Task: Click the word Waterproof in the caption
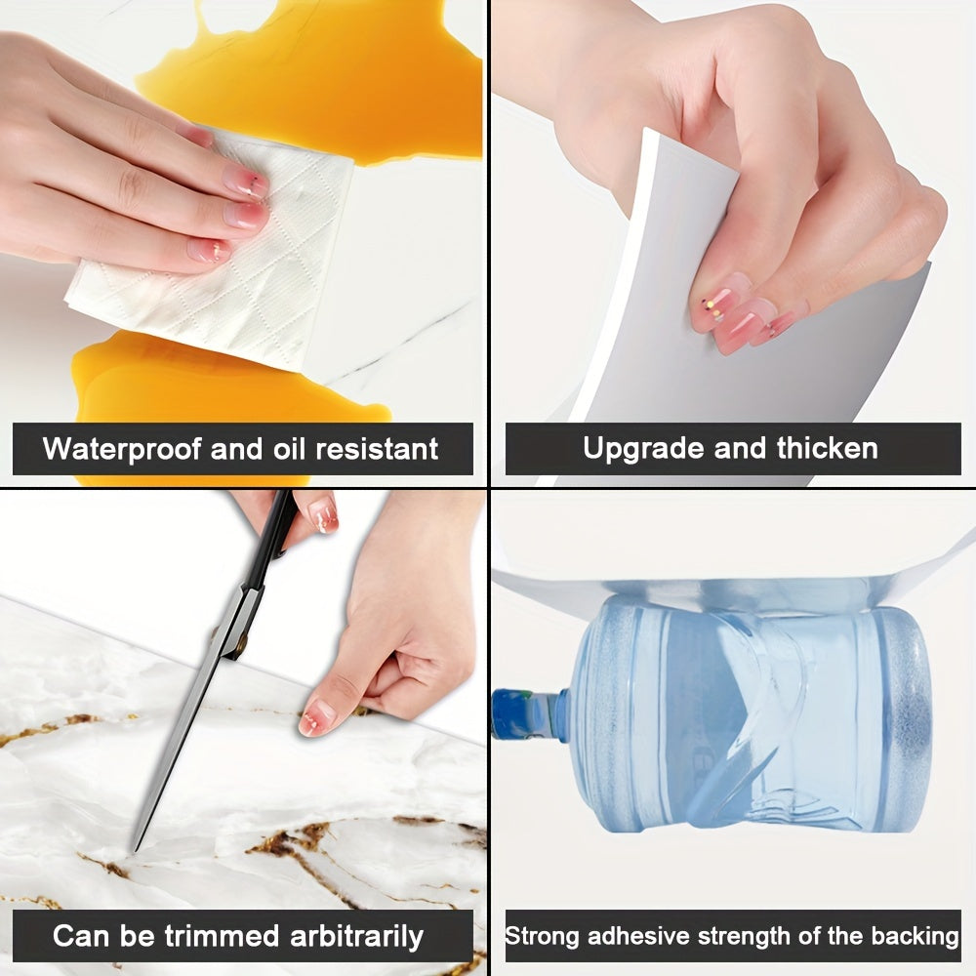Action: coord(122,450)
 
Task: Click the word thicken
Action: coord(828,449)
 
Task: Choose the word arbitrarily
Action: coord(356,937)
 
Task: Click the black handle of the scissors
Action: coord(275,532)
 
